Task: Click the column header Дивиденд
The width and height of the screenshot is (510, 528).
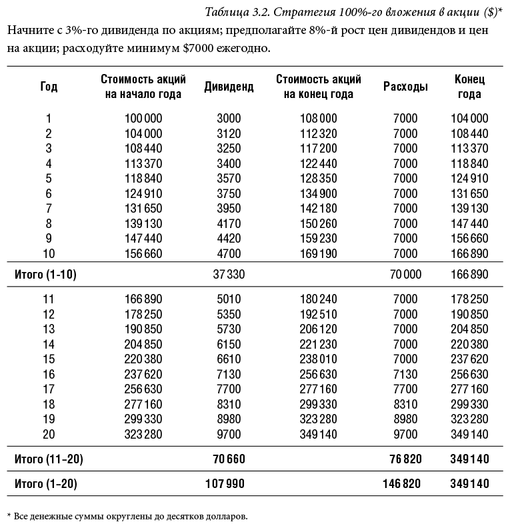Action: click(229, 87)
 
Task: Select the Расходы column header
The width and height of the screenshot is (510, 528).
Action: click(405, 87)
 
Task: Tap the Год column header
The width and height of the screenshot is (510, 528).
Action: click(49, 87)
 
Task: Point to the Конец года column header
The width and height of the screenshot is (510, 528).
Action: click(469, 87)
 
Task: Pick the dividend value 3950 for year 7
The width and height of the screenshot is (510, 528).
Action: click(229, 209)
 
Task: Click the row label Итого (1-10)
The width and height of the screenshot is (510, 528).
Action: click(45, 275)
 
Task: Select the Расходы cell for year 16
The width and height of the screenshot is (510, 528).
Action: click(405, 374)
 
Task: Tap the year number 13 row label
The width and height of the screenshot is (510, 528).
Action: click(49, 329)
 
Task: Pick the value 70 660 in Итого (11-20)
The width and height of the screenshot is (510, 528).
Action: click(226, 459)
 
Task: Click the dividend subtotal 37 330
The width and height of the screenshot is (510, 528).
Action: click(226, 275)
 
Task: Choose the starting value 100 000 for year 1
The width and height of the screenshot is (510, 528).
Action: click(143, 119)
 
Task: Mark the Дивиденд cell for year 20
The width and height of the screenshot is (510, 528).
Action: click(229, 434)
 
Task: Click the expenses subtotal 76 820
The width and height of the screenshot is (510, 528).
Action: click(403, 459)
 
